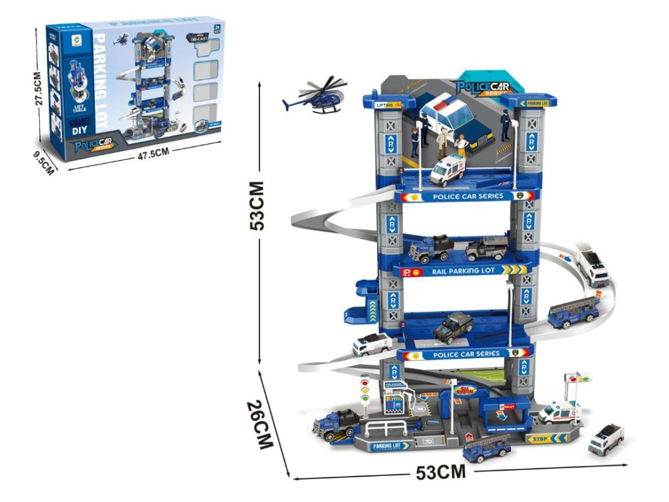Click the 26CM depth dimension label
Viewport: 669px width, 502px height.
[x=263, y=425]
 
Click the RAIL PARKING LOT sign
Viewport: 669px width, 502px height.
[x=464, y=270]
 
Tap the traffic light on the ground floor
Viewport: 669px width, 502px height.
[x=365, y=392]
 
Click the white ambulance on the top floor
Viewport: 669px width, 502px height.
[x=447, y=170]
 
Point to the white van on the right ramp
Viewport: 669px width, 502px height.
[x=592, y=267]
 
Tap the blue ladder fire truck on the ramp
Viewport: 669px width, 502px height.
[x=574, y=312]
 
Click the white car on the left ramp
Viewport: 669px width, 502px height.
[x=372, y=344]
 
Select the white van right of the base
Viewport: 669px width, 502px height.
[x=606, y=439]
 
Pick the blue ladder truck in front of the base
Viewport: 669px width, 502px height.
[x=487, y=448]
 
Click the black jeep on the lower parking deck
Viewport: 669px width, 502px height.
[x=453, y=327]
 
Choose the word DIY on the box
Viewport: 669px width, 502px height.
[x=80, y=129]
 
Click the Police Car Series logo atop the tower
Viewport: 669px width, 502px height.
[x=482, y=87]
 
